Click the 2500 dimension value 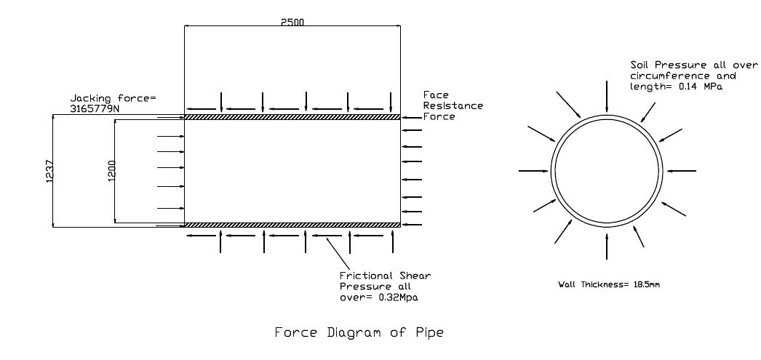point(292,21)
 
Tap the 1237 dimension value point(48,171)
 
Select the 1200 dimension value point(111,171)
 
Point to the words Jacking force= point(113,98)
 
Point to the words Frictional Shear point(384,276)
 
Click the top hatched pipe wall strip point(292,116)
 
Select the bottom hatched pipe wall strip point(292,225)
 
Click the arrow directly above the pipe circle point(607,96)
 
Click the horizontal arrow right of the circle point(682,171)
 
